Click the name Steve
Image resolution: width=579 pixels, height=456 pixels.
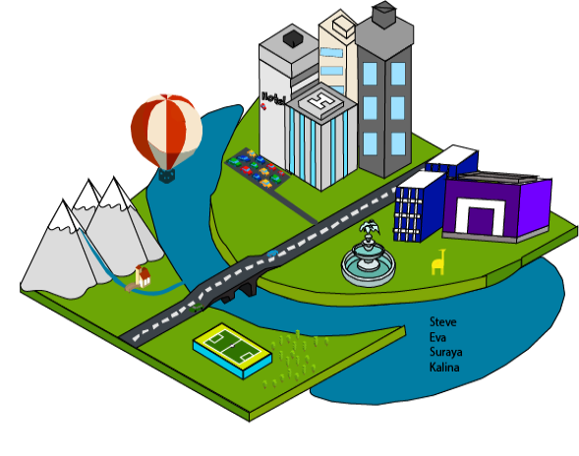[x=442, y=322]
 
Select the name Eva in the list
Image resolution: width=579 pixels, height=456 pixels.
[x=437, y=337]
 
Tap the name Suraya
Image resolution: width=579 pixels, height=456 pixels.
[x=445, y=352]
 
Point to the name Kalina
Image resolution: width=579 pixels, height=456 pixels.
[x=444, y=368]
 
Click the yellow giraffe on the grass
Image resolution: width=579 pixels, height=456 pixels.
[x=438, y=262]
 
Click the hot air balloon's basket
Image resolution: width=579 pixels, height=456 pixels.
[x=166, y=175]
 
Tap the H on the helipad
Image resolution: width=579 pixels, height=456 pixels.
[x=320, y=101]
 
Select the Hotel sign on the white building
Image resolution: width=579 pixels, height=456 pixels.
[x=273, y=98]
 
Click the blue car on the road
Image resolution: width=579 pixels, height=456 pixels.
[x=272, y=254]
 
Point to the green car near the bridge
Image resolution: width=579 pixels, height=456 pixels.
[x=196, y=308]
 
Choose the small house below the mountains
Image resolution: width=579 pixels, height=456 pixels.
[x=143, y=276]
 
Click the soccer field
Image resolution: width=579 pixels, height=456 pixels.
[x=232, y=346]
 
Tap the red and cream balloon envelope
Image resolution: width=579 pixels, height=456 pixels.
[x=166, y=131]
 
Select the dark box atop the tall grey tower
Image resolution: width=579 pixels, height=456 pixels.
[x=384, y=15]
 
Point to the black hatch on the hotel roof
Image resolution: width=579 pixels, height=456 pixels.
[x=294, y=39]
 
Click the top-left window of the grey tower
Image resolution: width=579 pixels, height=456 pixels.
[x=370, y=74]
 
